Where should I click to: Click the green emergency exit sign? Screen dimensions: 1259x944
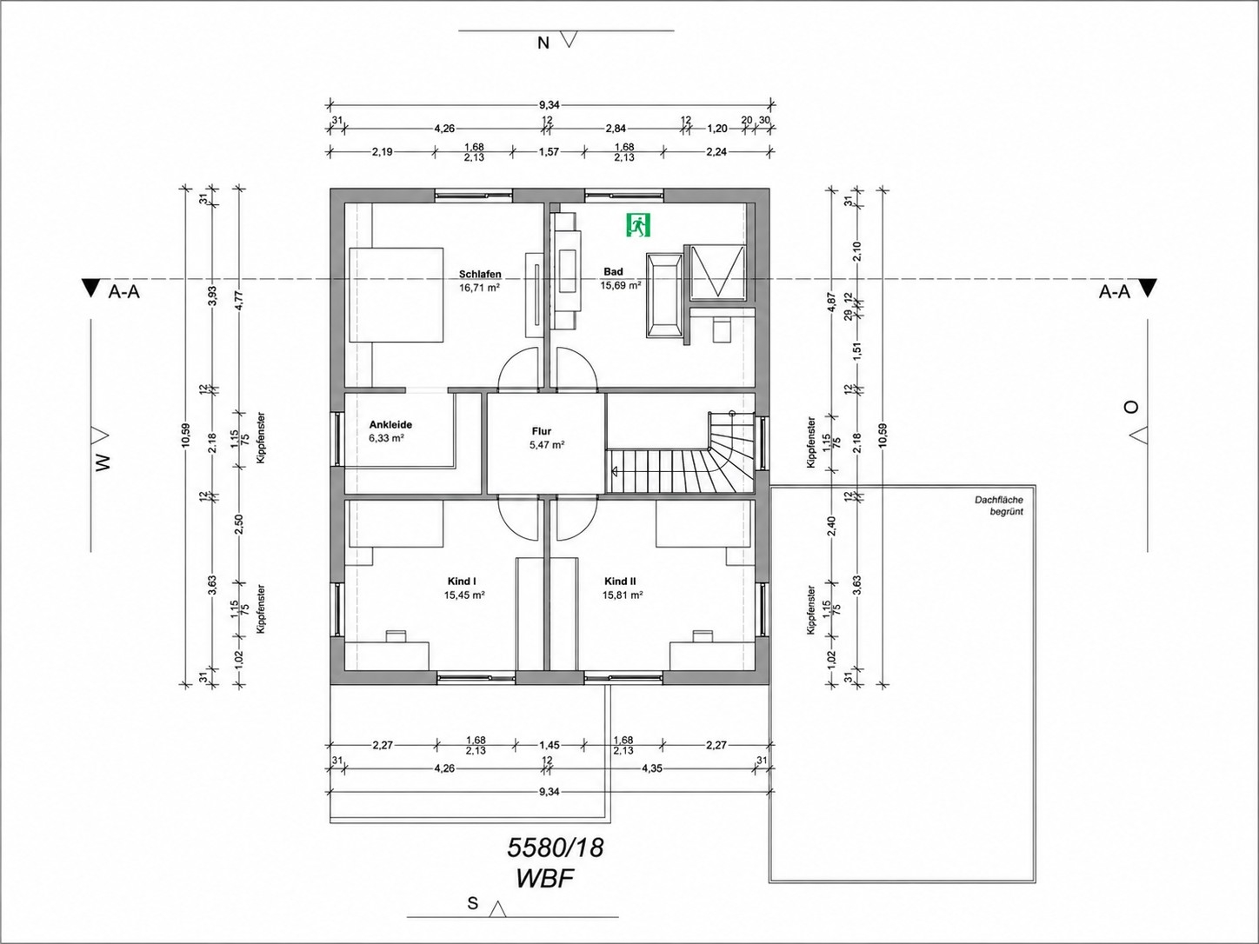[638, 224]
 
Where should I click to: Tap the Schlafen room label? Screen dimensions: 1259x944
[480, 274]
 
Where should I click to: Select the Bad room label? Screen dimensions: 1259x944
[613, 272]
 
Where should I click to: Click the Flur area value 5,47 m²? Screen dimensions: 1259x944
[547, 444]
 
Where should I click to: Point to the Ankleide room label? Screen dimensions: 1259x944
[390, 425]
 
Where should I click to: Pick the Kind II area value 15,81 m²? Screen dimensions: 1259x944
[623, 595]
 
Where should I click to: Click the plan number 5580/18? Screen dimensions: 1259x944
[556, 848]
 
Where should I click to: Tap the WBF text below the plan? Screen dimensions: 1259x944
[545, 879]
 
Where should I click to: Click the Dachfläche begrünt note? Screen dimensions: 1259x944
[999, 506]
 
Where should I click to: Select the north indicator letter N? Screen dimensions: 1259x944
[543, 43]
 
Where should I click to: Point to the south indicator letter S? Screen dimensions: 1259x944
[473, 904]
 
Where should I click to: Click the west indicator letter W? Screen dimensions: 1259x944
[102, 463]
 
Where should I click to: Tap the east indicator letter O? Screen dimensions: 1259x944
[1131, 407]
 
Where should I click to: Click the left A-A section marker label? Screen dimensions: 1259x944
[123, 292]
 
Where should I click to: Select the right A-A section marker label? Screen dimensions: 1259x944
[1115, 292]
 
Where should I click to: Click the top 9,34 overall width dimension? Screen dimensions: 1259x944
[549, 105]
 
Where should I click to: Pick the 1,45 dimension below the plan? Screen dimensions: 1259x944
[549, 745]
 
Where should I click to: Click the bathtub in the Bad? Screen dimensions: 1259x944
[664, 296]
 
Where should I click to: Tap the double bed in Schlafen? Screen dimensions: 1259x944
[396, 296]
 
